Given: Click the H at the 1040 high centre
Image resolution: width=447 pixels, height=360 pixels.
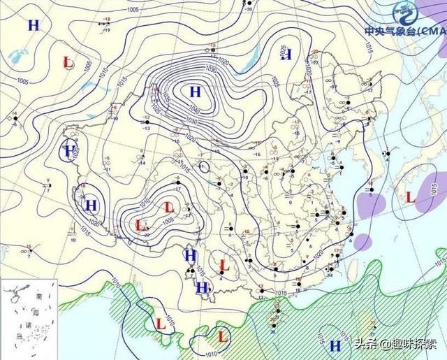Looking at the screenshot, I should (195, 91).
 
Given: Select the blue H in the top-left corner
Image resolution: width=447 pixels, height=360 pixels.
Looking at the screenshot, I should (33, 25).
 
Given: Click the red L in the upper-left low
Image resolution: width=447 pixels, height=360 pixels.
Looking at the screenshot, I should (68, 62).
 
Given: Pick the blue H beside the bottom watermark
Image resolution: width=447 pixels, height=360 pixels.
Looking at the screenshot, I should (335, 345).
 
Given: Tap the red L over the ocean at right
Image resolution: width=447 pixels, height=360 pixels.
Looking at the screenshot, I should (410, 198).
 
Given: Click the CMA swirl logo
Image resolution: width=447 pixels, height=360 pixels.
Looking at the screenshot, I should (404, 12).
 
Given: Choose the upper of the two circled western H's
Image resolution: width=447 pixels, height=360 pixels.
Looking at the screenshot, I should (68, 150).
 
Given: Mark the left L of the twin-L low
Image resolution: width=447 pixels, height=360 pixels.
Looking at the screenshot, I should (140, 225).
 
